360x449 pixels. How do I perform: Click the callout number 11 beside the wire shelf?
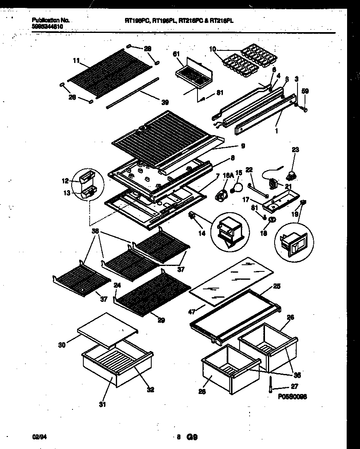(76, 60)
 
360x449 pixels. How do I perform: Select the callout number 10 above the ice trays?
(212, 50)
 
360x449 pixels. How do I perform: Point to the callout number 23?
(295, 149)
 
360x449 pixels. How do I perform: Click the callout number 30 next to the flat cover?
(62, 345)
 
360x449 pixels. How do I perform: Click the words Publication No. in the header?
(50, 20)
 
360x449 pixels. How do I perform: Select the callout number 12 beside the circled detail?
(65, 181)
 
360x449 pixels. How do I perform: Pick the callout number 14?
(202, 233)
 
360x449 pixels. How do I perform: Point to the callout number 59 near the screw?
(305, 91)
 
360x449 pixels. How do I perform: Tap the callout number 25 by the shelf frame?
(276, 286)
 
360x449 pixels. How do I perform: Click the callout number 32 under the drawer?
(150, 390)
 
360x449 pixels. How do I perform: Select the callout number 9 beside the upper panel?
(242, 146)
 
